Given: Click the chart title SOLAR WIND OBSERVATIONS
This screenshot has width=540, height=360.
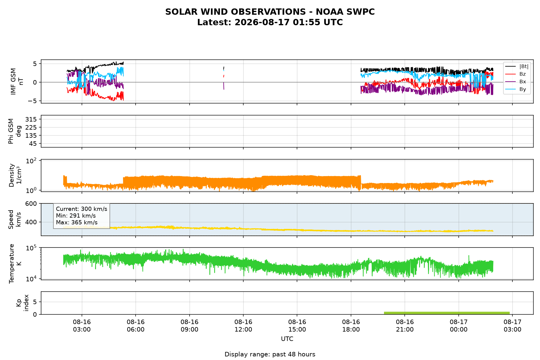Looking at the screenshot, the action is pos(270,12).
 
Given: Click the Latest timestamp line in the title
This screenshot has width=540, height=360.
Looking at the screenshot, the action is pos(270,22).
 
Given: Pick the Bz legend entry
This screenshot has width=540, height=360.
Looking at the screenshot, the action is pos(516,74).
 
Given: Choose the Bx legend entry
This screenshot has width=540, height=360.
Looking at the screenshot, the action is pos(516,82).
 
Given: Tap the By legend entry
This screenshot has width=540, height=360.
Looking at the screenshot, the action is pos(516,89).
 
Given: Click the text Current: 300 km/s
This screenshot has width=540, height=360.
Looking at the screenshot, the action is pos(82,209).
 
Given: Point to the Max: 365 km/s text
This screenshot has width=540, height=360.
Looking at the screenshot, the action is pos(77,223).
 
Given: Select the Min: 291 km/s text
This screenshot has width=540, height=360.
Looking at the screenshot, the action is pos(76,216).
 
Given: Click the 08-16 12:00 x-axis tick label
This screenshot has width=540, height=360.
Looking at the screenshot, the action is pos(243,326).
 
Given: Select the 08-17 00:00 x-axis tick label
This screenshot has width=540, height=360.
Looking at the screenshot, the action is pos(459,326).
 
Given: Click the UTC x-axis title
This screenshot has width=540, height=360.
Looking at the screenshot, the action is pos(287,339).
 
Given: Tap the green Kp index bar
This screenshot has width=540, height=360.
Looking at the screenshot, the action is pos(447,313).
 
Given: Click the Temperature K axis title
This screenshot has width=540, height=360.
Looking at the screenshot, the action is pos(15,263).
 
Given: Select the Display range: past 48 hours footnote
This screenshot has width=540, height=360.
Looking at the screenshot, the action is pos(270,354).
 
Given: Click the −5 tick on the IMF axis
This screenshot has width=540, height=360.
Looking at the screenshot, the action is pos(33,101).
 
